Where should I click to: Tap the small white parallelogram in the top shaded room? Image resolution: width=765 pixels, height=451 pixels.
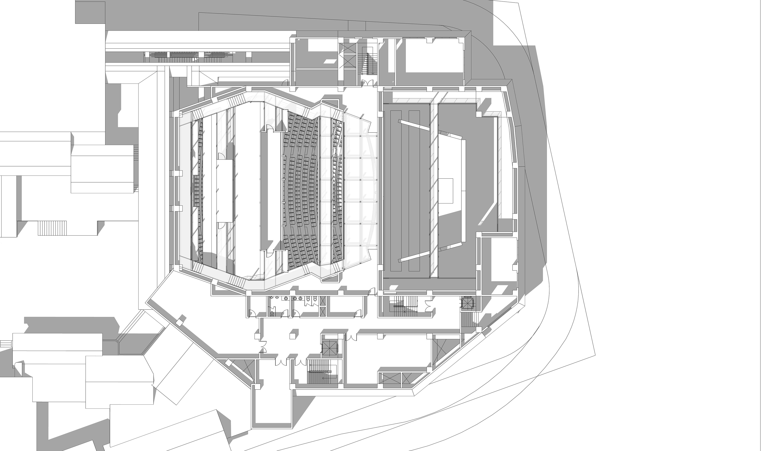click(x=328, y=61)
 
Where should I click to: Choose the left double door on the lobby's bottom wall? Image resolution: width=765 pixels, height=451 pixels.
click(x=282, y=362)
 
